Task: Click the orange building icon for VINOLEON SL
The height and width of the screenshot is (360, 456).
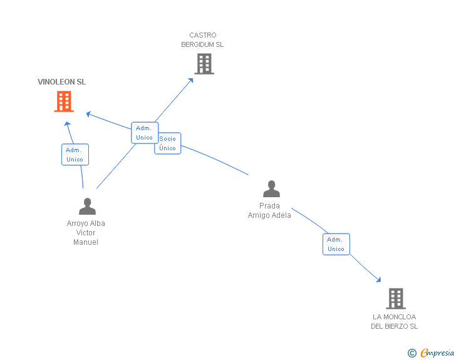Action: click(64, 101)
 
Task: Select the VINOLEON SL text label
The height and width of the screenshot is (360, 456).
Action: click(61, 82)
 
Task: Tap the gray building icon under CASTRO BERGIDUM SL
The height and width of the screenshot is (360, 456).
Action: click(204, 64)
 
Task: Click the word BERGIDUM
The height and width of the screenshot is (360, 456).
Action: click(197, 44)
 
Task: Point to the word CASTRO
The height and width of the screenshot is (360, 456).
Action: click(203, 35)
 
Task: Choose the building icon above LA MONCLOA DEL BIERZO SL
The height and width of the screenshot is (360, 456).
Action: click(396, 299)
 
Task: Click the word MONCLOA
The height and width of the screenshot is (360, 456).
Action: click(400, 317)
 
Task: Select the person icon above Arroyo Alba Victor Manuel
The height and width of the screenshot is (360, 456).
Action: click(87, 206)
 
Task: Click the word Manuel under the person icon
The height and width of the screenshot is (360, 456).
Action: click(86, 242)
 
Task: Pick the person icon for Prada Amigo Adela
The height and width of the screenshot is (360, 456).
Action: click(271, 188)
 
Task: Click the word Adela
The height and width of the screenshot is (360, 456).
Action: click(281, 215)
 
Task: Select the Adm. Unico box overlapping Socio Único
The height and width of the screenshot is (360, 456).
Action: click(145, 133)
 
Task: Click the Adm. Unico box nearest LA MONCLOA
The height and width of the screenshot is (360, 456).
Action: click(336, 244)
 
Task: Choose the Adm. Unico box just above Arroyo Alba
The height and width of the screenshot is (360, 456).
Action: click(75, 155)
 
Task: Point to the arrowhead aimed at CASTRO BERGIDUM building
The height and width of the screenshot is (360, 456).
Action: click(190, 81)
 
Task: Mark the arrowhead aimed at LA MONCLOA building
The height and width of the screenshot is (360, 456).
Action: click(378, 279)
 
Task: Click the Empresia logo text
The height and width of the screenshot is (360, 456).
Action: click(437, 352)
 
